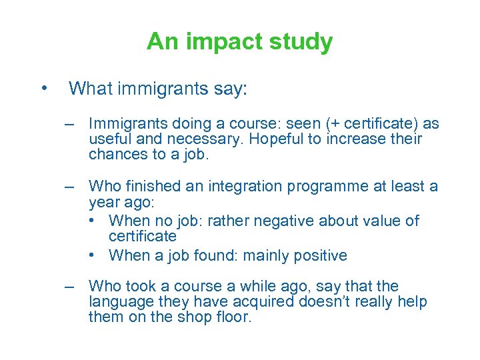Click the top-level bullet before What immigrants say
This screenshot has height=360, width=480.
pyautogui.click(x=44, y=88)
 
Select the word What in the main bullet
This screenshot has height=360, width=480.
pyautogui.click(x=90, y=88)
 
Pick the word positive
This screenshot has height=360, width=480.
pyautogui.click(x=317, y=255)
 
